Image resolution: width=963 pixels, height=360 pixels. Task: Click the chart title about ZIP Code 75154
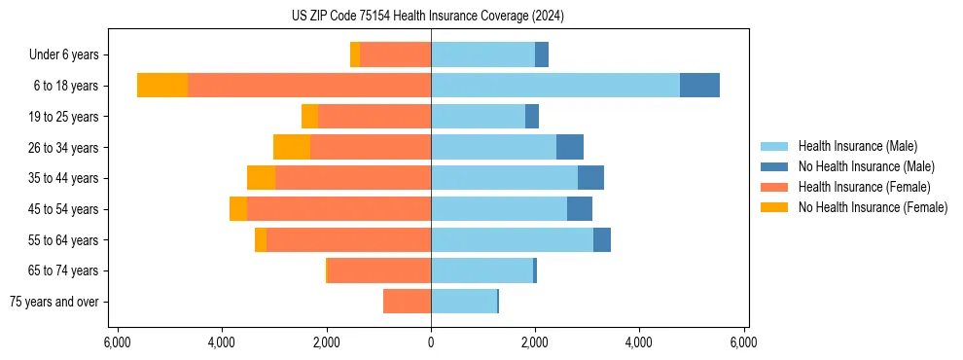click(x=427, y=16)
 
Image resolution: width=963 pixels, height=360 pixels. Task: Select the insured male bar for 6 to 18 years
click(x=554, y=86)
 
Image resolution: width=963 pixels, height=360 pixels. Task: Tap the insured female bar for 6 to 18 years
click(x=309, y=86)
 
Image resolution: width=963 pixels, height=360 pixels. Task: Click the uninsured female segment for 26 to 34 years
click(x=292, y=147)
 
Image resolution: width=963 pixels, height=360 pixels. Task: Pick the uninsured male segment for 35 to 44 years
click(x=590, y=178)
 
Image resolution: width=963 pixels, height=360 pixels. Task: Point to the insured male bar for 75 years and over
click(x=464, y=302)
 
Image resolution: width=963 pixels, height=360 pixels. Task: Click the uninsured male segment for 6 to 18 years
click(x=699, y=86)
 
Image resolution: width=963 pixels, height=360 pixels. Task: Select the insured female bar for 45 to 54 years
click(x=339, y=209)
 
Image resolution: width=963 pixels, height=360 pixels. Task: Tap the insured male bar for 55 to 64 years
click(x=512, y=239)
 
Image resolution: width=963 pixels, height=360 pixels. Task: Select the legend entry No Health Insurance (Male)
click(x=866, y=166)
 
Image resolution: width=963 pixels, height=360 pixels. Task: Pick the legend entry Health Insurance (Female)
click(x=864, y=187)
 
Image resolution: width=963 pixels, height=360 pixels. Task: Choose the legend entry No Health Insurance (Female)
click(x=873, y=207)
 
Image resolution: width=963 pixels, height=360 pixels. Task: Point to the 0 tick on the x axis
click(x=431, y=342)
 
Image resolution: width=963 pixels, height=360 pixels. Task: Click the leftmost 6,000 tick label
click(x=117, y=342)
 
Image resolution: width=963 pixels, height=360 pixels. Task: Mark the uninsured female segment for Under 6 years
click(x=355, y=54)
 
